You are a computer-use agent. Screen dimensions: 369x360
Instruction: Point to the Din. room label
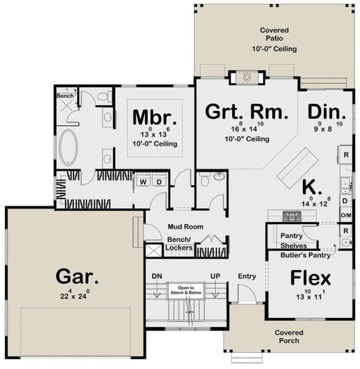(326, 112)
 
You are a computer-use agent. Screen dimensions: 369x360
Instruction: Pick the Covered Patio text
(278, 39)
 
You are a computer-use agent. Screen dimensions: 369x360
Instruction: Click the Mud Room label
(184, 227)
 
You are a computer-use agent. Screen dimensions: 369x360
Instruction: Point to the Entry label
(247, 276)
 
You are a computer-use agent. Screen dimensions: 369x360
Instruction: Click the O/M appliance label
(345, 217)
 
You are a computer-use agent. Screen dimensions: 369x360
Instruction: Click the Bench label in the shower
(65, 93)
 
